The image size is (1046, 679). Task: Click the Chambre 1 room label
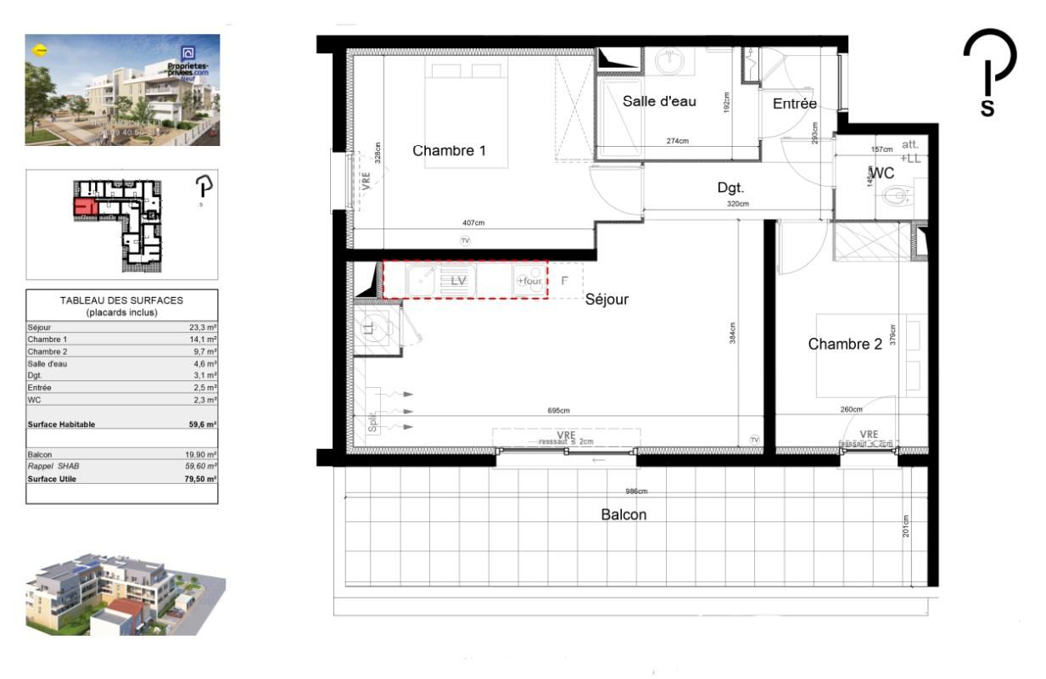click(x=449, y=151)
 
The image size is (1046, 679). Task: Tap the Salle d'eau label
click(x=659, y=101)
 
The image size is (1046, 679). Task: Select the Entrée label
click(x=794, y=104)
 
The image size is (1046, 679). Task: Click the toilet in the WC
click(x=896, y=197)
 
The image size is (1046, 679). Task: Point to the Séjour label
click(x=607, y=299)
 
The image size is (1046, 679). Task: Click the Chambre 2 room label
click(x=845, y=344)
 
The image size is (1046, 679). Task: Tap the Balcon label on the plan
click(x=624, y=514)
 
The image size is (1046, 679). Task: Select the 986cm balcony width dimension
click(x=637, y=491)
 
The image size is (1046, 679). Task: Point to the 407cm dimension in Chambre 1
click(x=473, y=224)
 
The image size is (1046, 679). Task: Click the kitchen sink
click(x=422, y=280)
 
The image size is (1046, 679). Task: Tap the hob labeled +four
click(x=529, y=281)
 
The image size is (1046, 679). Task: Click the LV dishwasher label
click(x=459, y=280)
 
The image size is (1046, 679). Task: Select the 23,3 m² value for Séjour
click(x=204, y=327)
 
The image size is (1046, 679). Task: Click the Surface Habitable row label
click(x=61, y=424)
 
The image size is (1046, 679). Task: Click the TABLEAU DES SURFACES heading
click(x=121, y=300)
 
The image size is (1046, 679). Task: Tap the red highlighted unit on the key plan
click(x=84, y=206)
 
